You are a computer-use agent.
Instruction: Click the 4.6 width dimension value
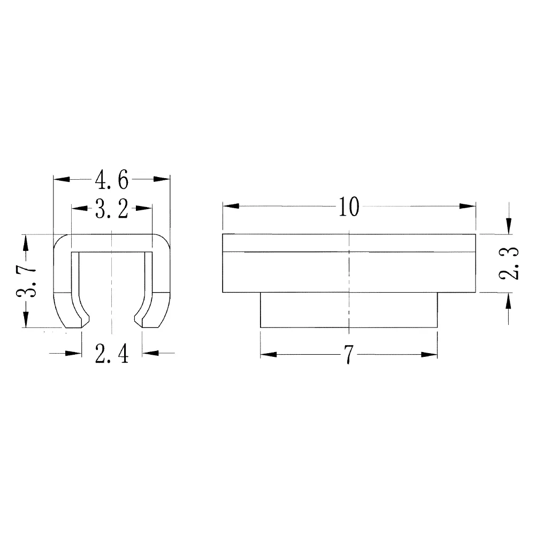[111, 180]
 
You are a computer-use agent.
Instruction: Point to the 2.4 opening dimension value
[111, 354]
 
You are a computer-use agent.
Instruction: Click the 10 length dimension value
[348, 207]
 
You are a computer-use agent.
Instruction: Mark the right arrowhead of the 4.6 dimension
[161, 179]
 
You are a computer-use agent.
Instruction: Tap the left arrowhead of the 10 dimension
[231, 207]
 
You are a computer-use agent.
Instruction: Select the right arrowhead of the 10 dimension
[468, 207]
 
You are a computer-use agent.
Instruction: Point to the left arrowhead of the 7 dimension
[269, 354]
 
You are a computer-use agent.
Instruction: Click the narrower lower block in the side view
[348, 310]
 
